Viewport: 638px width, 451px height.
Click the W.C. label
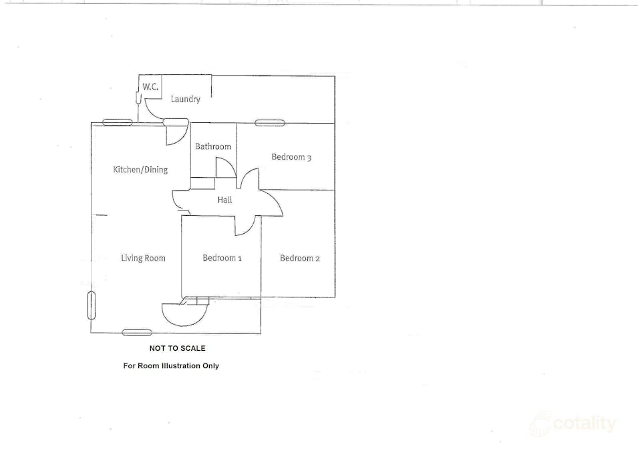[150, 87]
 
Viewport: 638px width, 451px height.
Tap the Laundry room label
[185, 99]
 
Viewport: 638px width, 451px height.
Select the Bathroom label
[213, 146]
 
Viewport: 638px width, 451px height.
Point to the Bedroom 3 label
[291, 157]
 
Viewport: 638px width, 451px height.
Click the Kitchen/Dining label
[140, 170]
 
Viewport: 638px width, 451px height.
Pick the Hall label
[224, 200]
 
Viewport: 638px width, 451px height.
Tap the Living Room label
[143, 258]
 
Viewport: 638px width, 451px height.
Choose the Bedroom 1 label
[222, 258]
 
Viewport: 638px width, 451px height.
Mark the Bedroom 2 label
[300, 258]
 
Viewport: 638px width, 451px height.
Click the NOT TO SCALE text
[178, 348]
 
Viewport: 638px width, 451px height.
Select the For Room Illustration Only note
[171, 365]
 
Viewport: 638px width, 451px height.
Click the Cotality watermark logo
[575, 424]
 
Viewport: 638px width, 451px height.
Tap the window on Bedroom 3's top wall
[270, 123]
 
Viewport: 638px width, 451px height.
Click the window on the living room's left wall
[91, 305]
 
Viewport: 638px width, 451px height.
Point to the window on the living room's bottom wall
[137, 333]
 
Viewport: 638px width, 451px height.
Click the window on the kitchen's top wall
[117, 122]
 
